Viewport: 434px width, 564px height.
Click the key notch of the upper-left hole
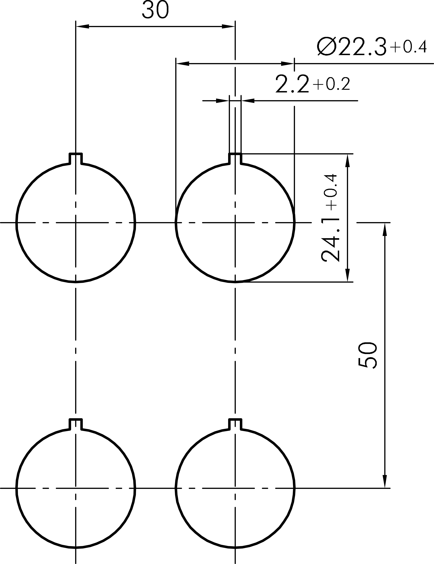point(76,158)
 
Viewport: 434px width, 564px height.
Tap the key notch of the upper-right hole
point(235,158)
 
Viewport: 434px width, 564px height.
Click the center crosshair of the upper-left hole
point(76,222)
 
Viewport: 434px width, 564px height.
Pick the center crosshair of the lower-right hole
point(235,488)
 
